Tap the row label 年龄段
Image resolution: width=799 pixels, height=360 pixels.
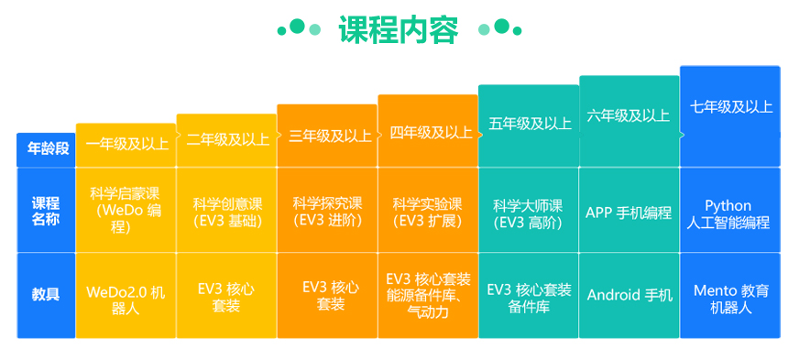[46, 148]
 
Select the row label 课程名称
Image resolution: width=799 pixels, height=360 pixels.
[46, 211]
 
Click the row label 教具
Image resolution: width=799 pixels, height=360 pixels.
[46, 294]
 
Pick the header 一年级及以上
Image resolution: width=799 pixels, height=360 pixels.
[126, 143]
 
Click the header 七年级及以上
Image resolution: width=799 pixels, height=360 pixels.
[730, 106]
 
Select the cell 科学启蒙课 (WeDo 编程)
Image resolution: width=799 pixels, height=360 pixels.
[126, 210]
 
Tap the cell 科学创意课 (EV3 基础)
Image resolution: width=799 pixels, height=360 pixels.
[227, 212]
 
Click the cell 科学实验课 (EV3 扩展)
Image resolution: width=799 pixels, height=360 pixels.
[427, 212]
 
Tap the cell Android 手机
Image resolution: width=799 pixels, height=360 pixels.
[629, 295]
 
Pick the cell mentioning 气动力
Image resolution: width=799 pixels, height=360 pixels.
[427, 295]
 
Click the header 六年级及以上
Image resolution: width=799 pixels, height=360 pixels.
[629, 115]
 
